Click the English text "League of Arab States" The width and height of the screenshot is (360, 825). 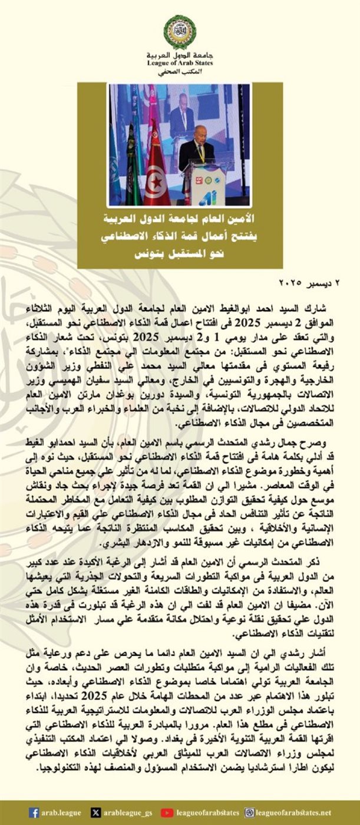point(180,62)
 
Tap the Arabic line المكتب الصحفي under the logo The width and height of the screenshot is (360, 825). point(180,71)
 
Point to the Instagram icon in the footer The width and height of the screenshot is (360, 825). point(250,813)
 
